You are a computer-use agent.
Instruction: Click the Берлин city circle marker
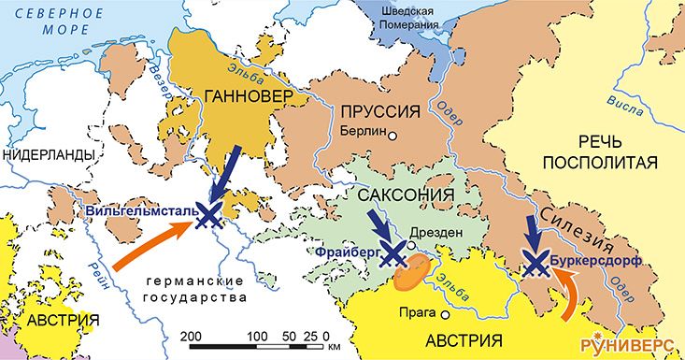(x=393, y=136)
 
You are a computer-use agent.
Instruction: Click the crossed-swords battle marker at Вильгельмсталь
(x=212, y=216)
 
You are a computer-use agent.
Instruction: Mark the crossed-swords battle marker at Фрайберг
(x=393, y=253)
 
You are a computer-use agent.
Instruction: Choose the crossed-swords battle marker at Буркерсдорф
(x=535, y=263)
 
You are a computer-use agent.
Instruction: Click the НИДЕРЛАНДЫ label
(x=49, y=154)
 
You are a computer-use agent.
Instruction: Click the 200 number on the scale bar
(x=191, y=335)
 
